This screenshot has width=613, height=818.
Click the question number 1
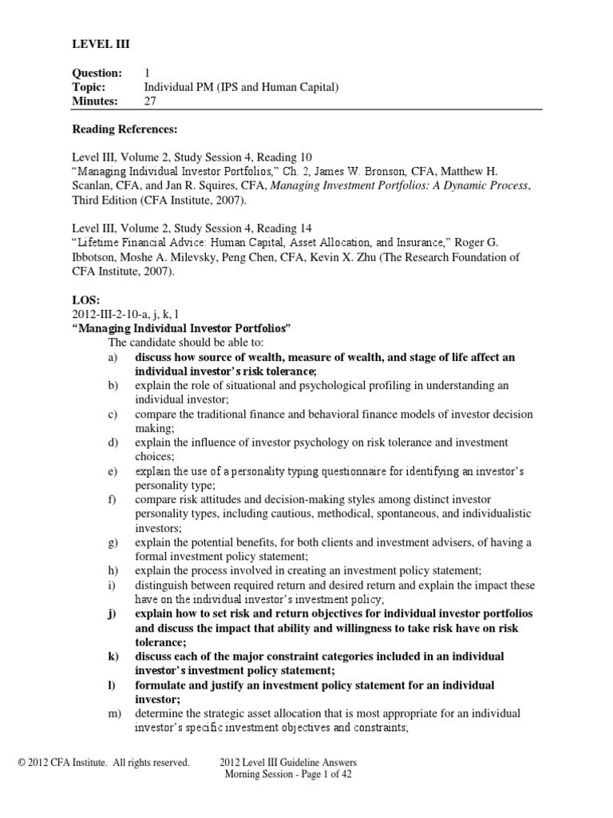(x=147, y=73)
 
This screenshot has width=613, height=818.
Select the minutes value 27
(x=150, y=101)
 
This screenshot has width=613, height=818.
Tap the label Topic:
(x=89, y=87)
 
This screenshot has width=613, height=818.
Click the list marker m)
(x=116, y=713)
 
